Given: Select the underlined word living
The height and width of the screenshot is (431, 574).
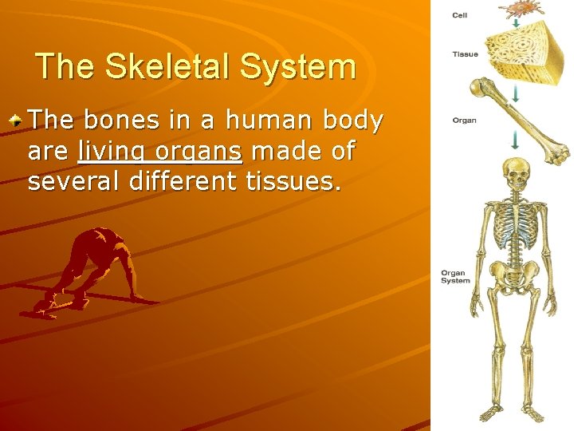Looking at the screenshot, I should (111, 151).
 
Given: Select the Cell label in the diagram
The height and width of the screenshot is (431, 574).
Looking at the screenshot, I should (460, 15).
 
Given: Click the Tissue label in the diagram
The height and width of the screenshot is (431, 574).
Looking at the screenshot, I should (465, 54).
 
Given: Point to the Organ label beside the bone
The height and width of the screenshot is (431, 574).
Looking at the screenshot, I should (464, 121).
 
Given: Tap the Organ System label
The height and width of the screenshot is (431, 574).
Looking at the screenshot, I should (455, 277).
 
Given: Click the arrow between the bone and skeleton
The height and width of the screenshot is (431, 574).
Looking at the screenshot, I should (516, 140).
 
